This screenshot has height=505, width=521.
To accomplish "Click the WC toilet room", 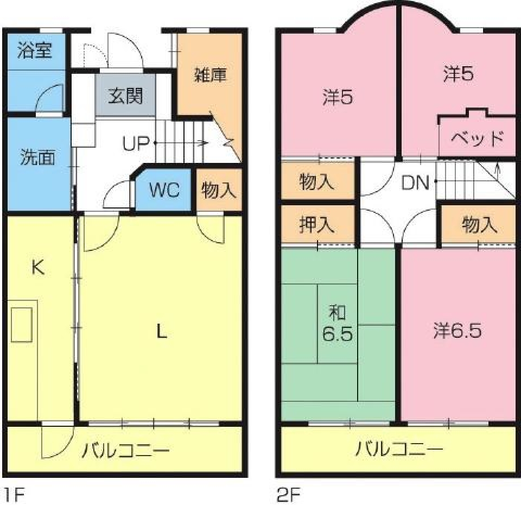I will [x=164, y=191].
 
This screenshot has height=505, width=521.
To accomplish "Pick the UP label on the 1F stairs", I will [x=136, y=143].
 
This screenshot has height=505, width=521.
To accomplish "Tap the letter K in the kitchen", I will [x=37, y=267].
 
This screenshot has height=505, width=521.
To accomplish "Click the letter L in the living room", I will [x=161, y=331].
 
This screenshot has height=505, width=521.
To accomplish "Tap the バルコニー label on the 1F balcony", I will [x=126, y=450].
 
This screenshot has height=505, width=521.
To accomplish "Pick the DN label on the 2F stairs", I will [x=416, y=183].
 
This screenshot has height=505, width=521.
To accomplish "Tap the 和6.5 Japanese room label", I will [x=338, y=323].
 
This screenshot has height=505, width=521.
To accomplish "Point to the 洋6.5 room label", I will [x=458, y=331].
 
